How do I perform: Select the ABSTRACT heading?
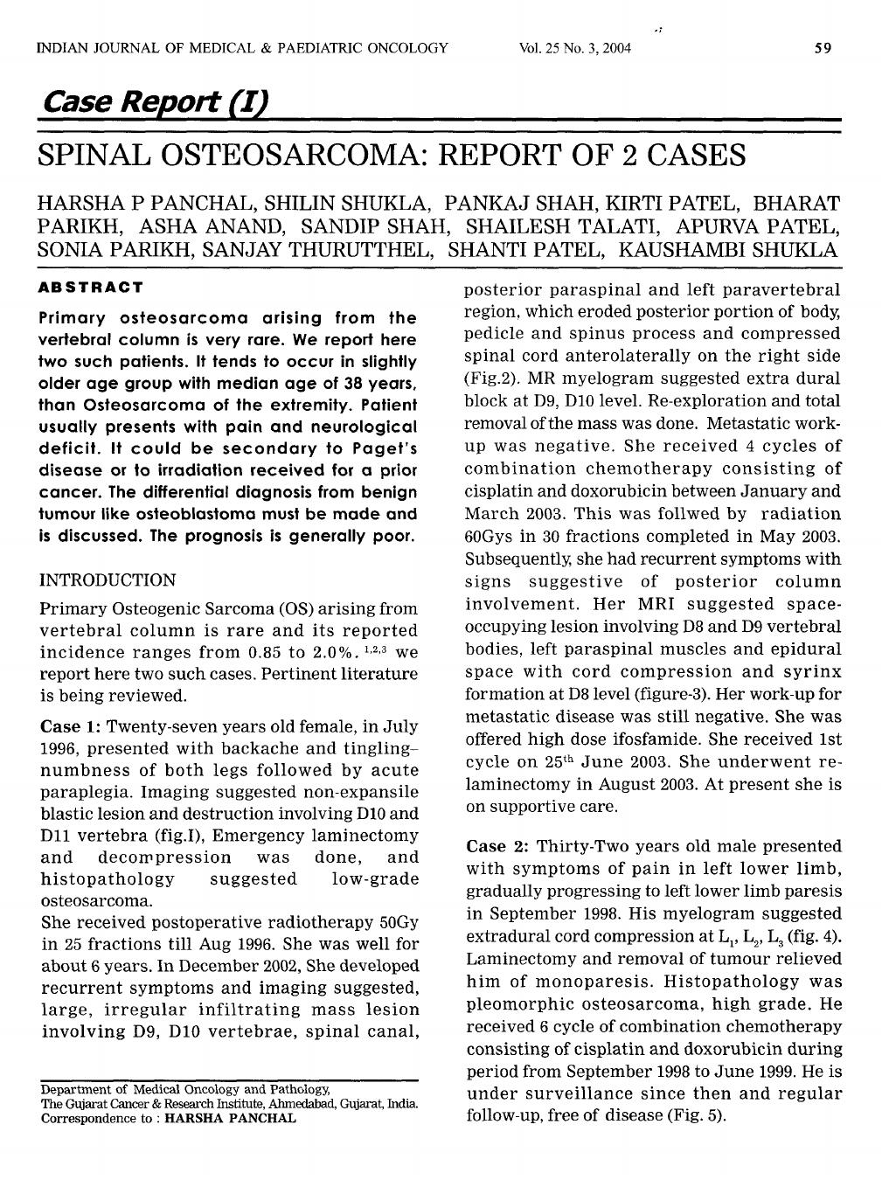91,288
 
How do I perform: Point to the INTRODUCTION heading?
108,580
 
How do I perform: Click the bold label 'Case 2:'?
498,846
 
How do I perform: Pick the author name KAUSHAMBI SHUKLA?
728,250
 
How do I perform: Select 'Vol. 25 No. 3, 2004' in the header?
574,48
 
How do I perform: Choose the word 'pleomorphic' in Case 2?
517,1004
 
